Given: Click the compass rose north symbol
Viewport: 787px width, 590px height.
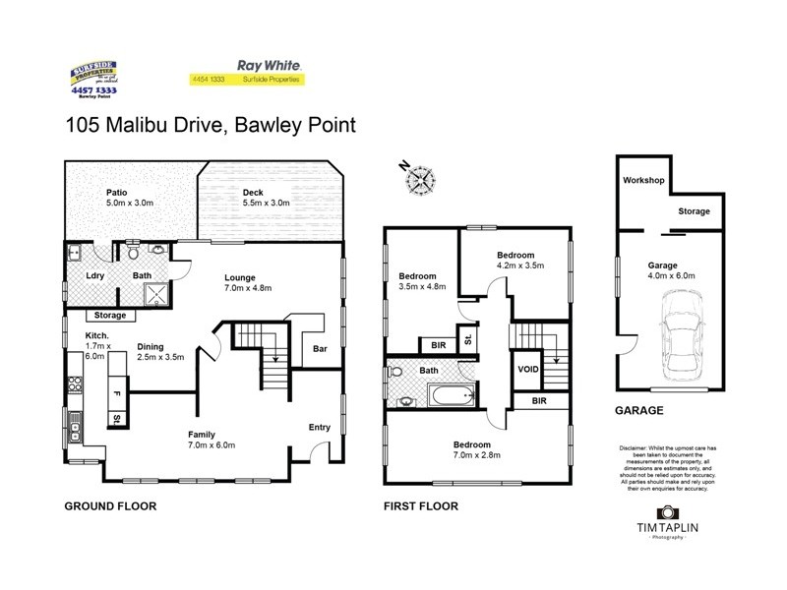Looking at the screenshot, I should coord(421,179).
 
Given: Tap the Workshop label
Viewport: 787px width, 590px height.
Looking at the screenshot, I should coord(644,181).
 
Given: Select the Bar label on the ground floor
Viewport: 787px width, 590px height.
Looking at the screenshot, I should coord(319,348).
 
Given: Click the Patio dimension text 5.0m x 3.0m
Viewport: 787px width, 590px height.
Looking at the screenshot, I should coord(130,204).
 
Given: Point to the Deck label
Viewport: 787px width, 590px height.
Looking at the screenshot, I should coord(254,192).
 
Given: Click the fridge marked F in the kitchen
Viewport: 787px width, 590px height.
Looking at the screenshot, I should coord(116,393).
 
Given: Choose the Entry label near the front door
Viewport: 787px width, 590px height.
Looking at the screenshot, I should coord(320,427).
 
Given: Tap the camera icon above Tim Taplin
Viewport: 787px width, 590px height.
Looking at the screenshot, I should coord(668,512).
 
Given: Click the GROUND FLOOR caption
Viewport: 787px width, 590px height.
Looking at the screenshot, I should coord(110,506).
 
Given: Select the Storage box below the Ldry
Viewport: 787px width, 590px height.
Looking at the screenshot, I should coord(110,316).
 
